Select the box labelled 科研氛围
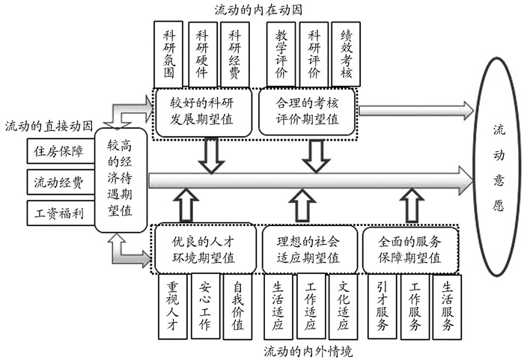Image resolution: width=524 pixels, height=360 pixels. (x=170, y=55)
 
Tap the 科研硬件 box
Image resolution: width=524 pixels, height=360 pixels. (x=203, y=55)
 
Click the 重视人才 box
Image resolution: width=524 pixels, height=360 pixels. (x=172, y=306)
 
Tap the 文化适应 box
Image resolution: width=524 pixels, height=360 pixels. (x=344, y=306)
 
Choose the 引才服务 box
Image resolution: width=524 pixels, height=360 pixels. (x=382, y=306)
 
